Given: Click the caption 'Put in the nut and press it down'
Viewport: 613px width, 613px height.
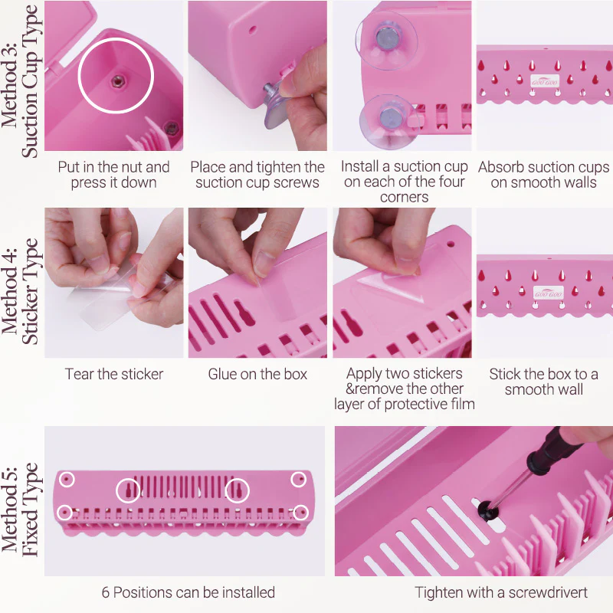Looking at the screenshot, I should pyautogui.click(x=113, y=175).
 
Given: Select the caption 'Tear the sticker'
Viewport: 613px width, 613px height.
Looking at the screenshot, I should pyautogui.click(x=114, y=375).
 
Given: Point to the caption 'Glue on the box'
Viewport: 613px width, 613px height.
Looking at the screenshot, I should pyautogui.click(x=257, y=375).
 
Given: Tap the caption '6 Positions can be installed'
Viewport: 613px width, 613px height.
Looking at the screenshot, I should pyautogui.click(x=188, y=592).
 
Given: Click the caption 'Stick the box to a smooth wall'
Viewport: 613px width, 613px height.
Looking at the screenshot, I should pyautogui.click(x=544, y=382).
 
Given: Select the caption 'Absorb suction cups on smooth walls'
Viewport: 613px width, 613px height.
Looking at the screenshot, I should pyautogui.click(x=544, y=175).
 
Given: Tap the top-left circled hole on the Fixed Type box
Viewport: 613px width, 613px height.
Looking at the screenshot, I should pyautogui.click(x=67, y=479).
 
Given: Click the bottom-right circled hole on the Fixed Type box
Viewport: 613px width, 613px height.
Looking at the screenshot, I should pyautogui.click(x=300, y=511).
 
